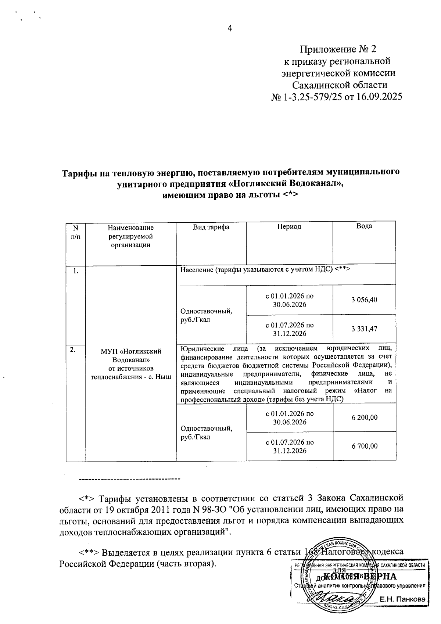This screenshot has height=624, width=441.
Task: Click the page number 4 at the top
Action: (230, 29)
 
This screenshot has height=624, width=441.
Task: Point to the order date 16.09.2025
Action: (379, 97)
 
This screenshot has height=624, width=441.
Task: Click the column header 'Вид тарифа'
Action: (211, 227)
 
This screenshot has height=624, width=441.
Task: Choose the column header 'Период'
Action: (289, 227)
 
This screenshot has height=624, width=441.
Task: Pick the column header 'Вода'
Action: (364, 226)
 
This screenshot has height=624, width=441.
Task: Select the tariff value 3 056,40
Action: (364, 300)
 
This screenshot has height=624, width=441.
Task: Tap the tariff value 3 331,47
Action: (364, 329)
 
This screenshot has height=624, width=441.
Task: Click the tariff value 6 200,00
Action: (364, 417)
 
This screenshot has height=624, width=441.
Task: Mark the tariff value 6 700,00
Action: (364, 447)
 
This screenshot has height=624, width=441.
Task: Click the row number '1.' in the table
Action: (75, 272)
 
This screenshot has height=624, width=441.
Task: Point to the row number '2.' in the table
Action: (73, 350)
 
